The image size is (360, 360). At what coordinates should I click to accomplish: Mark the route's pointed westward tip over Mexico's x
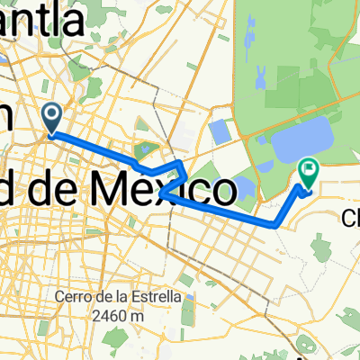pyautogui.click(x=159, y=191)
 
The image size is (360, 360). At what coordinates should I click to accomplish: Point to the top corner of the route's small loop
pyautogui.click(x=184, y=162)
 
